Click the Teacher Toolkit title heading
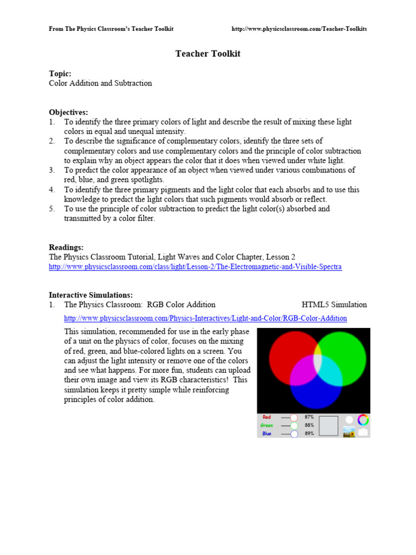point(207,54)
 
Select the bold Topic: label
point(60,73)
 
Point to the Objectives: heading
point(68,112)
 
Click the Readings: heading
point(66,247)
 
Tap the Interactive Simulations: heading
point(90,295)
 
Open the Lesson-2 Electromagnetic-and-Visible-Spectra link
point(195,267)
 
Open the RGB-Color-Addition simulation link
point(205,318)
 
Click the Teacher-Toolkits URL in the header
point(299,29)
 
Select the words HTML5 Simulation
point(334,305)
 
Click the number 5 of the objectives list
point(52,209)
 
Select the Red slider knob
point(294,418)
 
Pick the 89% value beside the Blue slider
point(309,434)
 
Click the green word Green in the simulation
point(266,425)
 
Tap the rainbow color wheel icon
point(363,420)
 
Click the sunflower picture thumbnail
point(349,432)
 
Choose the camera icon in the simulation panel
point(363,433)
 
